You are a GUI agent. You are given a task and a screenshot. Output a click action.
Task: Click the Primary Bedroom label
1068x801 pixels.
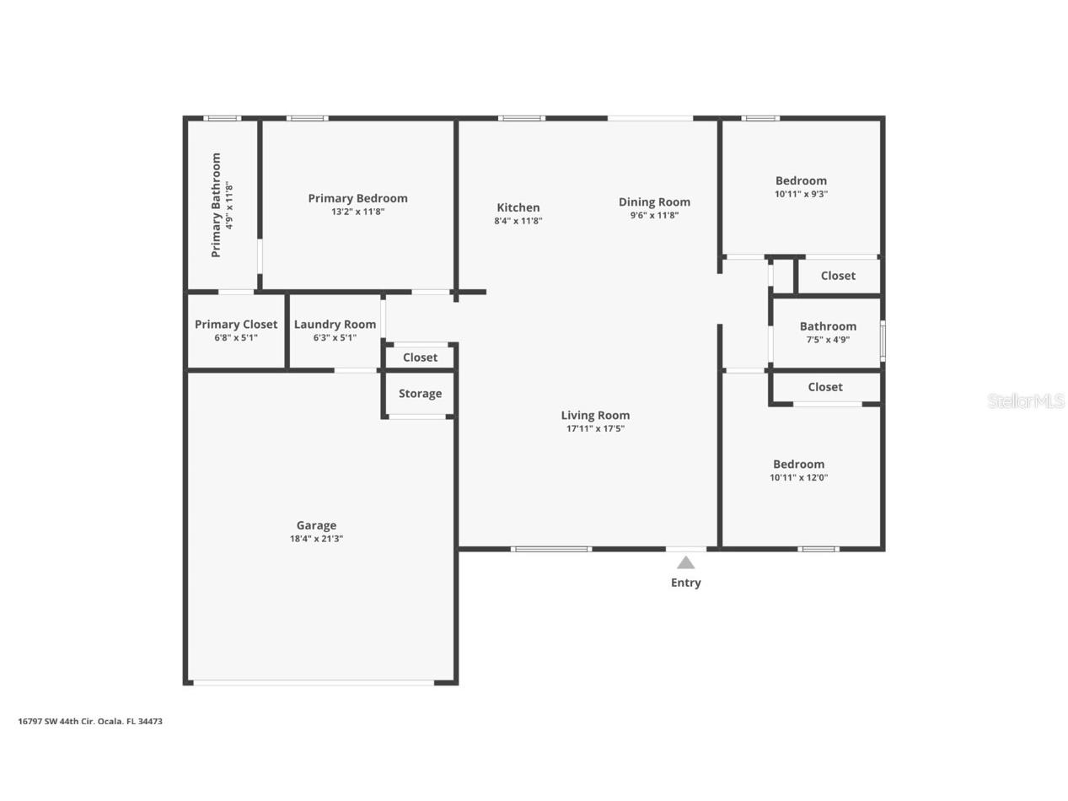357,198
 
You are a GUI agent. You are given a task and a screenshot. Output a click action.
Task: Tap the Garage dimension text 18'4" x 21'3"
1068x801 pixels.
316,539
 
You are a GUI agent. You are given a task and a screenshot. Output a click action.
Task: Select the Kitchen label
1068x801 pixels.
518,207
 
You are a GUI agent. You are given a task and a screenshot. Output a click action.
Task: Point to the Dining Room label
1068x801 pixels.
654,202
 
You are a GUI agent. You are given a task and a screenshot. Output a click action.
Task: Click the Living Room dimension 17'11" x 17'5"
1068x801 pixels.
595,428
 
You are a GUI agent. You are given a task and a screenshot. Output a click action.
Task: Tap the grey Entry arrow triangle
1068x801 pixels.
686,563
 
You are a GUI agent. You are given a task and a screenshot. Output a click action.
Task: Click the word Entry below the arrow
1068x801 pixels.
686,583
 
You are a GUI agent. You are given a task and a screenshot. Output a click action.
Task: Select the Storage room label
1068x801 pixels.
420,394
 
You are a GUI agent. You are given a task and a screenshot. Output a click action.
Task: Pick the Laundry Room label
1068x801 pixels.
335,325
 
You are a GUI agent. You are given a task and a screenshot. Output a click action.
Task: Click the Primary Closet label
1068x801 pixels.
236,325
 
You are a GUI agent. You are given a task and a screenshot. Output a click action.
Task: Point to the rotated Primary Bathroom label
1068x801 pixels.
216,205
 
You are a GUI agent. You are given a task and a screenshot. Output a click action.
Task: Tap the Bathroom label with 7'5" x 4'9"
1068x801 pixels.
828,326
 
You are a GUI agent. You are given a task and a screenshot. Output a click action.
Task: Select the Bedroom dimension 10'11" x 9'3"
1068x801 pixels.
801,194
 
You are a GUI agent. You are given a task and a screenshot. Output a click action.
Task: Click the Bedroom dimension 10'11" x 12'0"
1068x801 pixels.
798,477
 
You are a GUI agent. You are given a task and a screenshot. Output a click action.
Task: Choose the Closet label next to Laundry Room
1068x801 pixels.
420,357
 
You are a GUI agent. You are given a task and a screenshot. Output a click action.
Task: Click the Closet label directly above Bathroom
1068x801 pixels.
838,276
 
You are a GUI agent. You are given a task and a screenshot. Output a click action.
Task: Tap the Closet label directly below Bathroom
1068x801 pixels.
825,387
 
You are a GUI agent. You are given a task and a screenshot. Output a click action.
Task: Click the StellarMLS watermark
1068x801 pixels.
1026,401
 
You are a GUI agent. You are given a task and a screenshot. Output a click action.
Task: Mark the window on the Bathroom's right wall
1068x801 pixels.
883,340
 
